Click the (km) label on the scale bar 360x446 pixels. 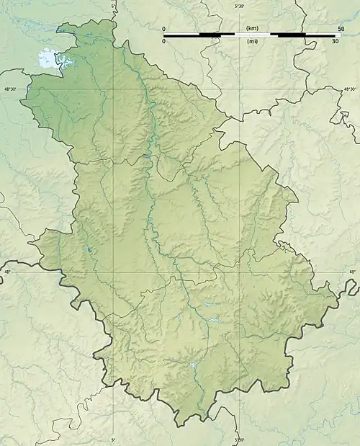click(x=252, y=28)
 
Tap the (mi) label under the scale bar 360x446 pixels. click(x=252, y=42)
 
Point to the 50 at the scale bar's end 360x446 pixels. click(x=340, y=28)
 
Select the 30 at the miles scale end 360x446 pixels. click(x=335, y=42)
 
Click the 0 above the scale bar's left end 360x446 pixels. click(x=164, y=28)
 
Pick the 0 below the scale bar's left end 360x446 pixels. click(x=164, y=42)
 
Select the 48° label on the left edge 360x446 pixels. click(x=7, y=272)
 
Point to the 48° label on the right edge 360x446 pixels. click(x=352, y=272)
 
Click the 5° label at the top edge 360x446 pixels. click(x=113, y=6)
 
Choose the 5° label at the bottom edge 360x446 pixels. click(x=113, y=440)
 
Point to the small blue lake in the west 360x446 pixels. click(x=89, y=250)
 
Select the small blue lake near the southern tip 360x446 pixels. click(x=192, y=366)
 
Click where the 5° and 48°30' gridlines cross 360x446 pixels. click(x=113, y=89)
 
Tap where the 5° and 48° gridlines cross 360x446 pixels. click(x=113, y=272)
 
